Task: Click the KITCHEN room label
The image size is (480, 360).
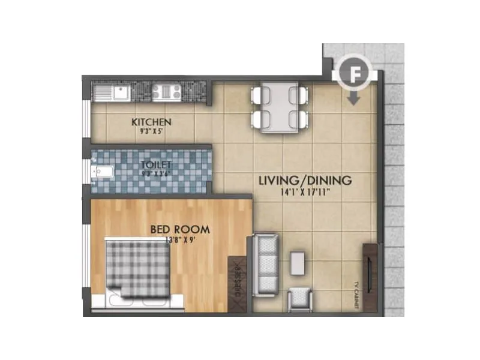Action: pyautogui.click(x=151, y=122)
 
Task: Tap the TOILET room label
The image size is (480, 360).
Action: pyautogui.click(x=156, y=164)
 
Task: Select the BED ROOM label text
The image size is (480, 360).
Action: pyautogui.click(x=179, y=229)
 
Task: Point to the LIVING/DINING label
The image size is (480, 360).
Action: pyautogui.click(x=305, y=181)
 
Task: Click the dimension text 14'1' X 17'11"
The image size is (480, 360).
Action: pyautogui.click(x=305, y=193)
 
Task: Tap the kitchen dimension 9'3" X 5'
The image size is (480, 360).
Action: pyautogui.click(x=152, y=130)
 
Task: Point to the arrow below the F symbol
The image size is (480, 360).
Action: pyautogui.click(x=353, y=98)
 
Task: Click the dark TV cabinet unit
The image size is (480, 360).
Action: pyautogui.click(x=370, y=276)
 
